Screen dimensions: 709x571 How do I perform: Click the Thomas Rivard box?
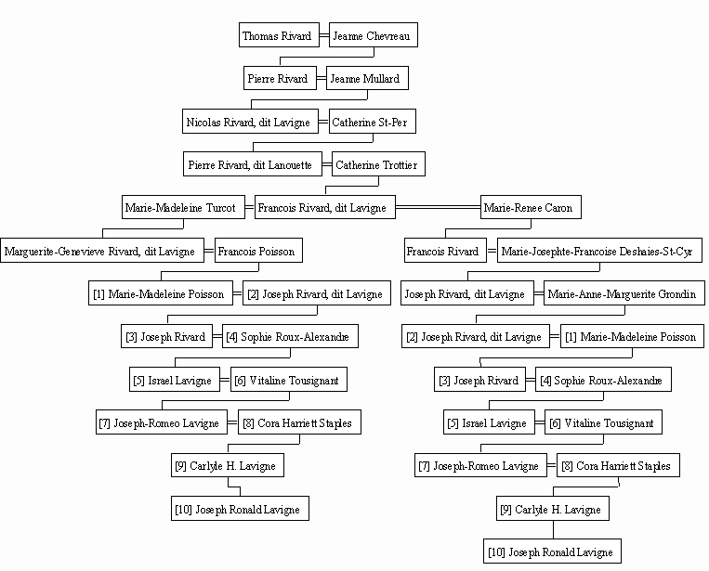279,34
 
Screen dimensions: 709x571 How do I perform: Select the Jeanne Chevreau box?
373,34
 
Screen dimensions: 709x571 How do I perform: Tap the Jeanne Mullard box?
367,78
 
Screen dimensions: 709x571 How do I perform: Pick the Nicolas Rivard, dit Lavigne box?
250,122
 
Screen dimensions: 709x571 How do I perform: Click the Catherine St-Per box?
372,122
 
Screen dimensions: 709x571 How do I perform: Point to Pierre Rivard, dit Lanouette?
253,164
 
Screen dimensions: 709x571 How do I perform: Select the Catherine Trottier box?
378,164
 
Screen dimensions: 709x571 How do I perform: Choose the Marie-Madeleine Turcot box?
183,207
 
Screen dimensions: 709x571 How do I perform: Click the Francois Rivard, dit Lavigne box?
324,207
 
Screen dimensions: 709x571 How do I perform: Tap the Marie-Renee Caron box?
531,207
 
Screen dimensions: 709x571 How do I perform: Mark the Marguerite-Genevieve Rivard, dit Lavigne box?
102,251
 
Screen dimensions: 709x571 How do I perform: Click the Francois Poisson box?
258,251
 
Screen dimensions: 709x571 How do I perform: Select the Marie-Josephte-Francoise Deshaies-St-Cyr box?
599,251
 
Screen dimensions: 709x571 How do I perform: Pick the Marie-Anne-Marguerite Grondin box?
624,293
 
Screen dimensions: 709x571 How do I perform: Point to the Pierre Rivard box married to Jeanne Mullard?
280,78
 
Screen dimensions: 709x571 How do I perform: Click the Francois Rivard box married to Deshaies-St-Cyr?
445,251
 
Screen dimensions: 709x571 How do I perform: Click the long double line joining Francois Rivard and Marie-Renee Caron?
439,207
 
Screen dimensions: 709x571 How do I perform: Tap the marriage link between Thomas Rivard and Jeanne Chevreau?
324,34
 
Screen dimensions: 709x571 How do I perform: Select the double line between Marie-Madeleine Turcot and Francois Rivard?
250,207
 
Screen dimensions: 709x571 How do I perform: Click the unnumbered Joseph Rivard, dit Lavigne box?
467,293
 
